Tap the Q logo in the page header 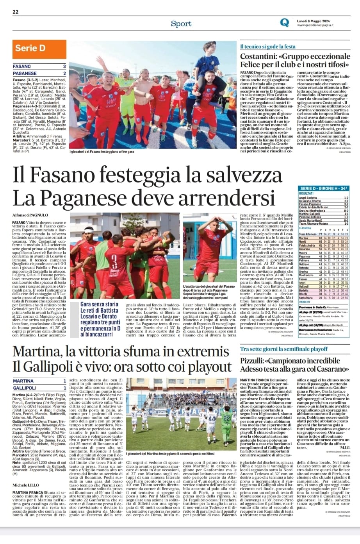[x=285, y=23]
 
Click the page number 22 [x=16, y=12]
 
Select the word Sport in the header [x=181, y=23]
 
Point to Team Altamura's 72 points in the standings [x=321, y=234]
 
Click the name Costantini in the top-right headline [x=258, y=56]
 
